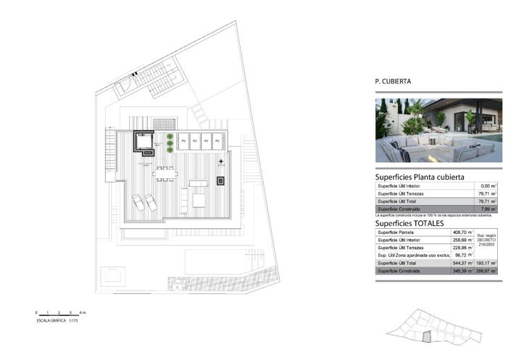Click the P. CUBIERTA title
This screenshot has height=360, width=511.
[393, 82]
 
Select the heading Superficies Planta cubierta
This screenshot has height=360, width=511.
[420, 177]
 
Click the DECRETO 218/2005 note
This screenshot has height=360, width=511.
[487, 240]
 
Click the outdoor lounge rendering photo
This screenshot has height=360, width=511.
[438, 130]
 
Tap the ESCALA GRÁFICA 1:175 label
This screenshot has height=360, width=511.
[57, 319]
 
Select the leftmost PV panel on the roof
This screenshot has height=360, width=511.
[184, 141]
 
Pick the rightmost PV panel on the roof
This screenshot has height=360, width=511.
[218, 141]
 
